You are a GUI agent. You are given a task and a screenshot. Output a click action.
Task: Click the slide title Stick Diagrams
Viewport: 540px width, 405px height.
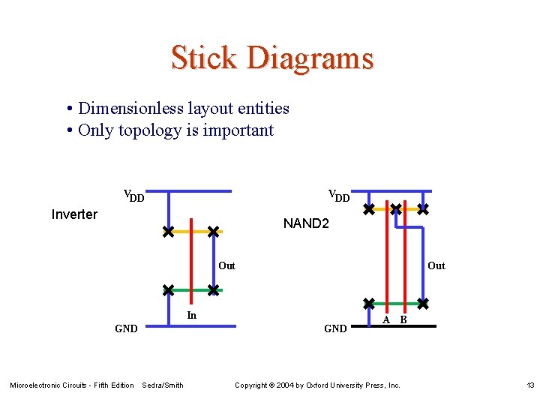[x=271, y=58]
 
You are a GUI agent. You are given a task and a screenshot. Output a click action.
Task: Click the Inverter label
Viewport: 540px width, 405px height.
[x=74, y=214]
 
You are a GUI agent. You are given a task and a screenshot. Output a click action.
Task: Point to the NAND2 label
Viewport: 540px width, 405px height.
[x=306, y=223]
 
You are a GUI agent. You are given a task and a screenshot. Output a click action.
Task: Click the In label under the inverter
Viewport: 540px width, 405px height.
[x=192, y=316]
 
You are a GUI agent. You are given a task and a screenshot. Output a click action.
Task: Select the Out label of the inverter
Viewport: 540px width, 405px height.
[x=226, y=265]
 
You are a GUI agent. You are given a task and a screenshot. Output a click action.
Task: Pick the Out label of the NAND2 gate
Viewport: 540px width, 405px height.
[x=436, y=265]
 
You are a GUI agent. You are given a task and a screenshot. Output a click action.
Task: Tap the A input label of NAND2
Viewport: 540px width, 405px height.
[x=386, y=319]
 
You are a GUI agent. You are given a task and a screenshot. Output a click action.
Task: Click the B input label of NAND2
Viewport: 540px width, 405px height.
[x=403, y=319]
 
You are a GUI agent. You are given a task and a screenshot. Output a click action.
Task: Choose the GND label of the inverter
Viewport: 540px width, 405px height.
[x=126, y=328]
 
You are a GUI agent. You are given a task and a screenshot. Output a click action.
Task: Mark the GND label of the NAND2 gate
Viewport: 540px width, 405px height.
[x=335, y=328]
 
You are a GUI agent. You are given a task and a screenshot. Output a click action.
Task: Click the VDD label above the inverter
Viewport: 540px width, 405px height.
[x=133, y=196]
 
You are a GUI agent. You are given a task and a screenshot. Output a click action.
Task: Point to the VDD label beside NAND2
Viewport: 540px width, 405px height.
[x=339, y=196]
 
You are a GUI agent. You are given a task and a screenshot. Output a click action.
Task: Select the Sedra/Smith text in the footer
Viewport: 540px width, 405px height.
[x=163, y=385]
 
